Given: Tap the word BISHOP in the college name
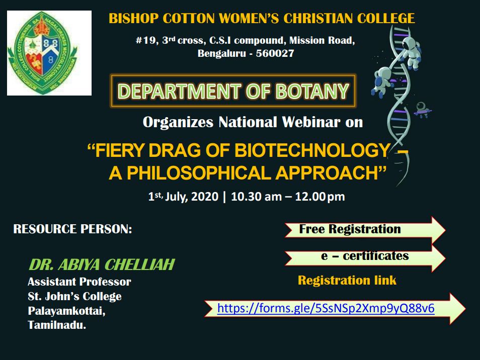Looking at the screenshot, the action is [133, 18].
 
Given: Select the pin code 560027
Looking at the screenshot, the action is [275, 53].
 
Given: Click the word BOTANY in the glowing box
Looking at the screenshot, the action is [312, 91].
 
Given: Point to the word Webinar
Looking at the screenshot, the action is [311, 122].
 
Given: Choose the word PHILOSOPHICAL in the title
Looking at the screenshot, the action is [199, 173].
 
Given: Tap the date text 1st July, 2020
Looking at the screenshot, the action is [183, 197].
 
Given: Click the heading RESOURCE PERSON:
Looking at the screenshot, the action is [72, 229].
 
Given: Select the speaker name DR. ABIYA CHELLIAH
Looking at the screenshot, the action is [102, 264].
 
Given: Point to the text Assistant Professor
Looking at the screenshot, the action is [79, 282].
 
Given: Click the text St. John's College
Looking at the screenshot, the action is [74, 296].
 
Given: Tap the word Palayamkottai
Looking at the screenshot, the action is [66, 311].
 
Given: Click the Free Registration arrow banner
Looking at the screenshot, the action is [365, 230].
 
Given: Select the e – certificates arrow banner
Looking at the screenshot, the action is [365, 257].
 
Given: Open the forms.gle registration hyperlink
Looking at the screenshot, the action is [326, 308].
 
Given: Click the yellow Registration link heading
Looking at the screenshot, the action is [347, 280].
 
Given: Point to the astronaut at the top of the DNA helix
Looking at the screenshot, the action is [411, 52].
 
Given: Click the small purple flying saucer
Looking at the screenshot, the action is [423, 110].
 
